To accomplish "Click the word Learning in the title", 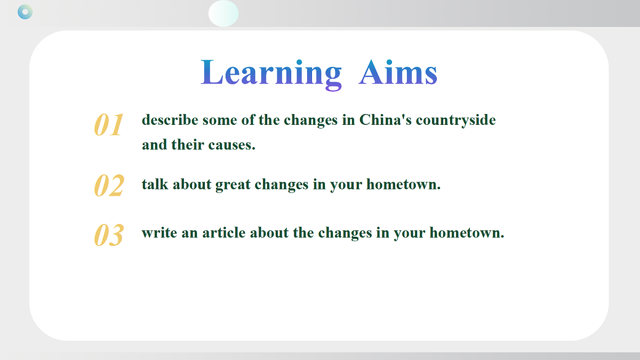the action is (x=271, y=74).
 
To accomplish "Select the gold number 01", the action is (x=109, y=125).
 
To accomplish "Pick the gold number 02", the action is (x=109, y=186).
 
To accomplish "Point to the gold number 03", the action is (x=109, y=235).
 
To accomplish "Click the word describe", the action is (x=170, y=119).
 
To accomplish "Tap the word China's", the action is (x=386, y=119).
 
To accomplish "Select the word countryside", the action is (x=455, y=121).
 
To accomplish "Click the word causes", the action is (x=231, y=145).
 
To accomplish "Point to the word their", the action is (x=188, y=145).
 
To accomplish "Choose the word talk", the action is (x=155, y=184).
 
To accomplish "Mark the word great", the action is (x=233, y=185).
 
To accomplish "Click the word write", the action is (x=159, y=233).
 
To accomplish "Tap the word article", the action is (x=223, y=233).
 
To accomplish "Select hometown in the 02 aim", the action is (x=403, y=184).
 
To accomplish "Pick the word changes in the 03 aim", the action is (x=345, y=234).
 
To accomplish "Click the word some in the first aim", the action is (x=220, y=121).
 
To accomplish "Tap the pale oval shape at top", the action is (x=223, y=13).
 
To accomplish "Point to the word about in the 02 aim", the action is (x=192, y=184).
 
